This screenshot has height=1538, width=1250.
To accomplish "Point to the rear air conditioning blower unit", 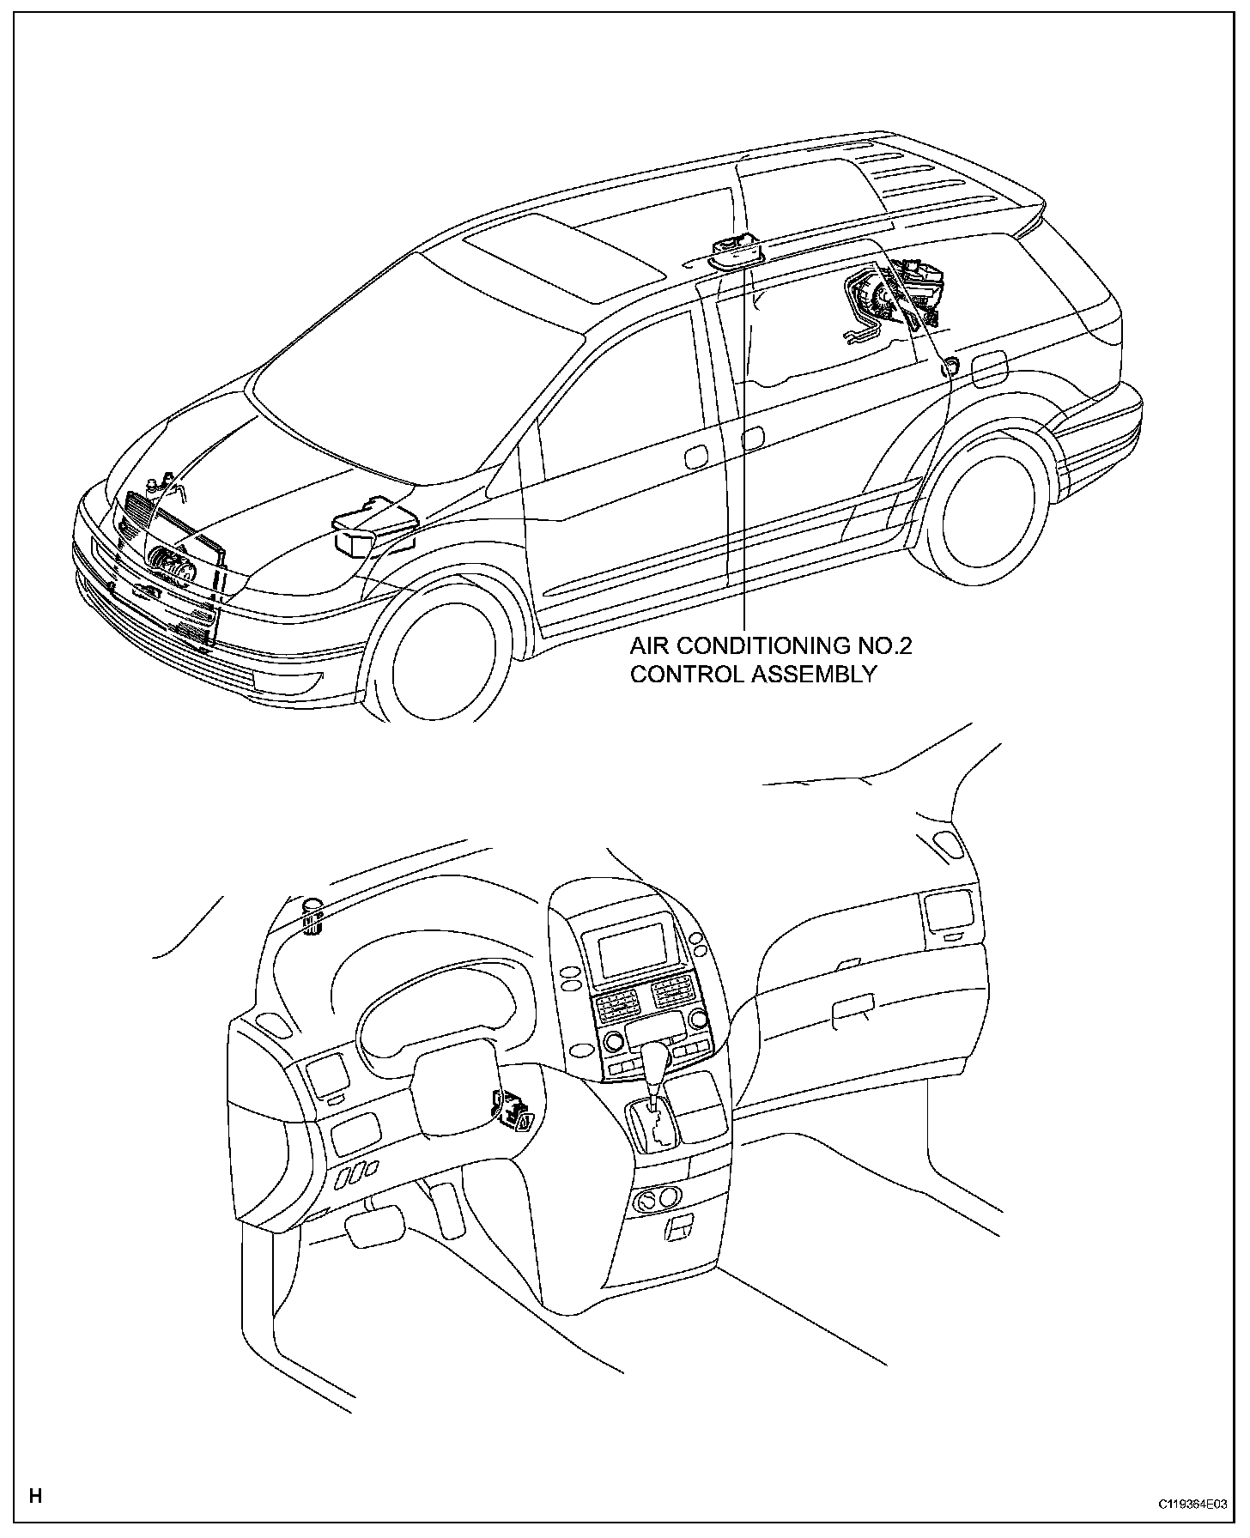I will [893, 296].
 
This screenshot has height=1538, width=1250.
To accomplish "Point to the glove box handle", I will [853, 1005].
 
